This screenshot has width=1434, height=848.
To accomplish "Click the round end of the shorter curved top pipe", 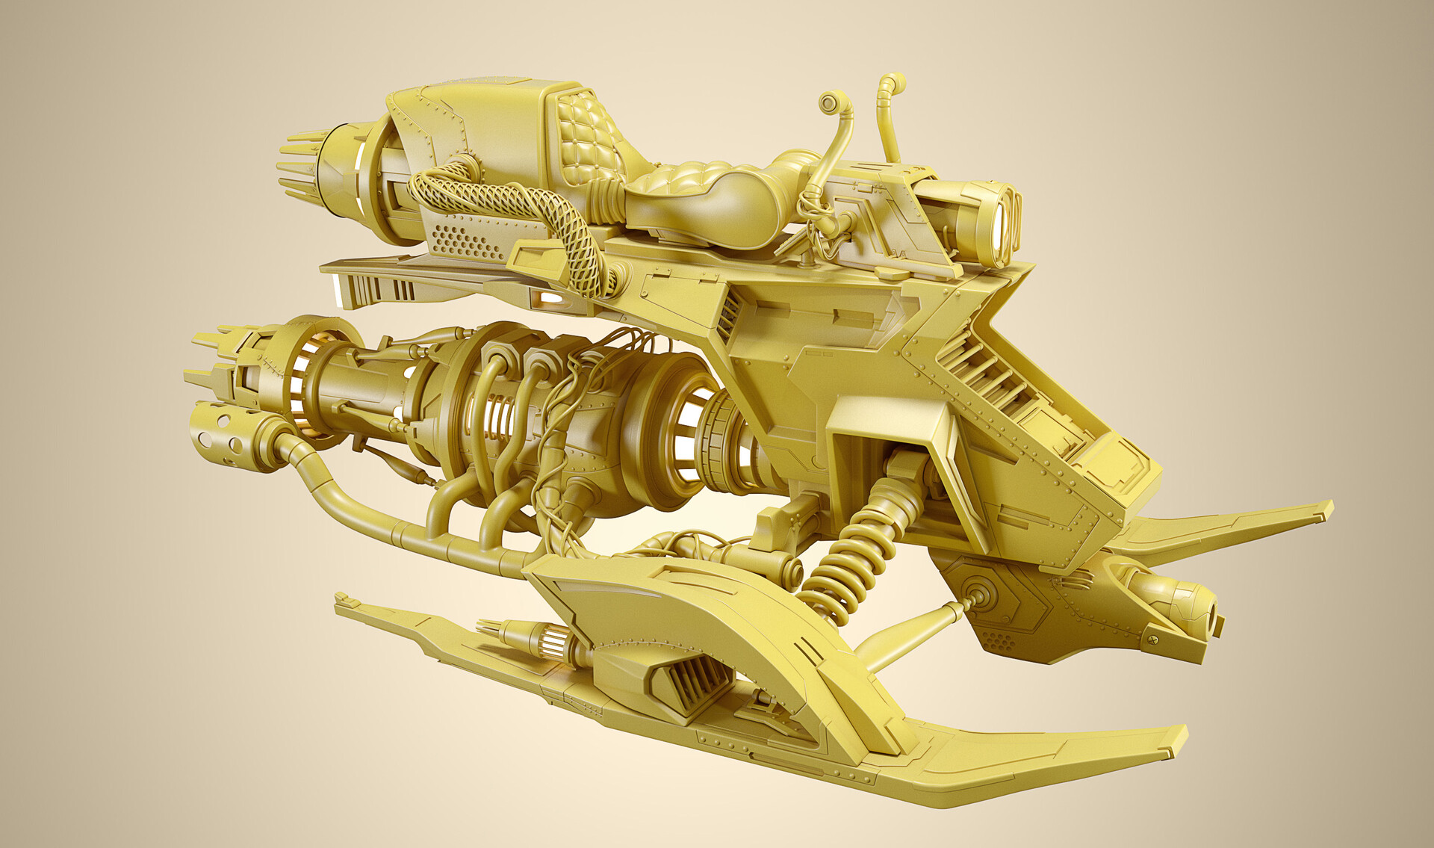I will [x=829, y=102].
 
